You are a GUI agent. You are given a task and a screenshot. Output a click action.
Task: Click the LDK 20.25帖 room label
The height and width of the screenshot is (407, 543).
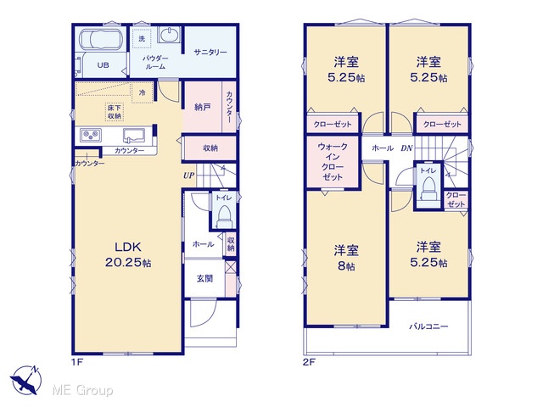coord(128,254)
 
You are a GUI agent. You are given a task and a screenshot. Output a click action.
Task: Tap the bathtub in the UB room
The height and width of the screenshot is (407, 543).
coord(100,39)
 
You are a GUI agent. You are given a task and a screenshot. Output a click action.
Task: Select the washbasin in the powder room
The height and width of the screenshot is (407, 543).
coord(170,35)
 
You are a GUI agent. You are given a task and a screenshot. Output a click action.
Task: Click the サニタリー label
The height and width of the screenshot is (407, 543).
coord(210,53)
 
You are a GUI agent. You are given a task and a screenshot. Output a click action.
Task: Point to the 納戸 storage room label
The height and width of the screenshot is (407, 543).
coord(202,107)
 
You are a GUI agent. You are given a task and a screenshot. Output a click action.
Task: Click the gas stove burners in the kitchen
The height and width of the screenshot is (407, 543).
coord(91,135)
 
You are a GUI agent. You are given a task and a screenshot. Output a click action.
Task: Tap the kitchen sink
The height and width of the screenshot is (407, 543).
coord(134,136)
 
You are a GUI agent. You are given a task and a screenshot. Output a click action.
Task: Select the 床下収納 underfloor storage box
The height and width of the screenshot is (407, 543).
coord(115,111)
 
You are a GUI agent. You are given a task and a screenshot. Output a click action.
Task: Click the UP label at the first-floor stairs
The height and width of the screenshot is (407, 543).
coord(188,176)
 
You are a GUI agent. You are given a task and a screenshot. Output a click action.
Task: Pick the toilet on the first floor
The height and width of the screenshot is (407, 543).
coord(224,216)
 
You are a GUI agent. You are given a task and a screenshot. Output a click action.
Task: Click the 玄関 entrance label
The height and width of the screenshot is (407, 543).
coord(204,278)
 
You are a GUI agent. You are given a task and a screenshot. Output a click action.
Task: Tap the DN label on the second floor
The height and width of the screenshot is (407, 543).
coord(406,148)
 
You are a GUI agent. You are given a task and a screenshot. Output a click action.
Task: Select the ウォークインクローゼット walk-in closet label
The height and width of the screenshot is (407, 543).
coord(333,162)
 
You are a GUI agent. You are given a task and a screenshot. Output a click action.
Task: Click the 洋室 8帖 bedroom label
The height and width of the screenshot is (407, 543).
coord(346,258)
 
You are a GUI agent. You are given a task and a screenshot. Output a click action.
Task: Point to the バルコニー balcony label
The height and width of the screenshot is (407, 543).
coord(428,326)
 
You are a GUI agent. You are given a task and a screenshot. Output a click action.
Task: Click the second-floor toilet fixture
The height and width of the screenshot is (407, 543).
coord(428,188)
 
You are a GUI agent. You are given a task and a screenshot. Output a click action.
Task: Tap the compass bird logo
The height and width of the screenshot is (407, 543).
coord(25,380)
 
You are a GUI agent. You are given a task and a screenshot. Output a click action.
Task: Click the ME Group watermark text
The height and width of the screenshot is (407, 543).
coord(82,391)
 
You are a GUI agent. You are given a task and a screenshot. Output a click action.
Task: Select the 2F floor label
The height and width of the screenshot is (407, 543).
coord(309,362)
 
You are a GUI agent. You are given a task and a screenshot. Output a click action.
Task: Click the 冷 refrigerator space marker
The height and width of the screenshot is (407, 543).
coord(142,92)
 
